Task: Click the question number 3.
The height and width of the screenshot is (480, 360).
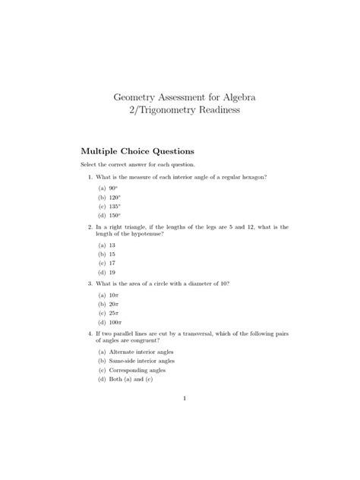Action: click(x=90, y=283)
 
